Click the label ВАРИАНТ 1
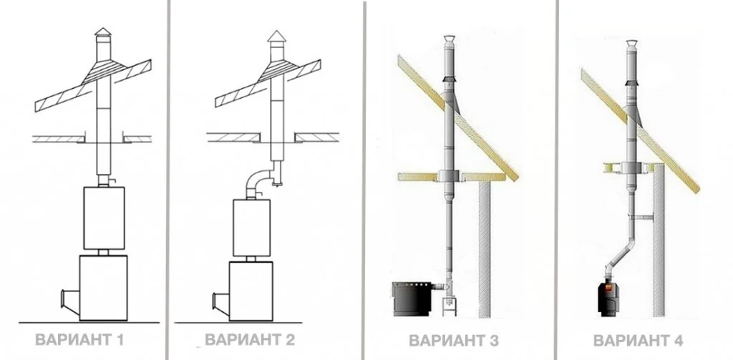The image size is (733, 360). (79, 339)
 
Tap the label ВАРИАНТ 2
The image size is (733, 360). (250, 339)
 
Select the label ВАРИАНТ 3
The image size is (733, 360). (454, 341)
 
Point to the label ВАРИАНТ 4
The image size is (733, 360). (639, 341)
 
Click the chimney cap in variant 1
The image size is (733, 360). (103, 31)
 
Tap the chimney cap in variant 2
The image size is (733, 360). (276, 37)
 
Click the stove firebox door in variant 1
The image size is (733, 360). (69, 302)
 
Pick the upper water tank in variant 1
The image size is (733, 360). (104, 218)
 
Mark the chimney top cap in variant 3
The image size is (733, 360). (448, 39)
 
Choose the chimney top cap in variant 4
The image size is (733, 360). (631, 44)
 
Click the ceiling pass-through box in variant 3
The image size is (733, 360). (449, 176)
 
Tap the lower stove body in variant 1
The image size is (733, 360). (103, 288)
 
